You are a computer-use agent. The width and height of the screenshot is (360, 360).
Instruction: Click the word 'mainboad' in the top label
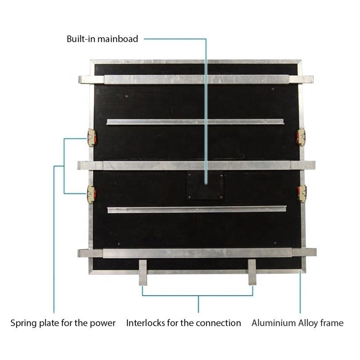(x=118, y=39)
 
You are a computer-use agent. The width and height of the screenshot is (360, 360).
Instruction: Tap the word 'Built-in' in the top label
(x=81, y=39)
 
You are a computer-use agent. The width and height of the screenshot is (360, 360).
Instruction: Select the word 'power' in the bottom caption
(x=102, y=324)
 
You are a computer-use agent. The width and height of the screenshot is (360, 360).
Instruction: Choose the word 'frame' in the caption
(x=332, y=323)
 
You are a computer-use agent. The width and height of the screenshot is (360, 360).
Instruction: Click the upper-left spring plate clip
(x=92, y=138)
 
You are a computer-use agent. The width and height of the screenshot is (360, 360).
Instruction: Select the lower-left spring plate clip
(x=91, y=194)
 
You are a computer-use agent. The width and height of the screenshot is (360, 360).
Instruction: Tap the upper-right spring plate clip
(x=301, y=137)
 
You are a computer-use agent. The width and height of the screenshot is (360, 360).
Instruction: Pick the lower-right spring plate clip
(x=302, y=193)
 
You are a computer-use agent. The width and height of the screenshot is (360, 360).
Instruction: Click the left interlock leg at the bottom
(x=143, y=272)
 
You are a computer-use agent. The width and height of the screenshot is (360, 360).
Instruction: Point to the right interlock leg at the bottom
(x=252, y=272)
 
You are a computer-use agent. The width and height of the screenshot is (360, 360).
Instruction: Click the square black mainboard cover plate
(x=205, y=185)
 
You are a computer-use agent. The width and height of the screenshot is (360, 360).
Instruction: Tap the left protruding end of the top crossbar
(x=91, y=80)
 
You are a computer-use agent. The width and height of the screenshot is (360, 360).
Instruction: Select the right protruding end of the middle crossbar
(x=303, y=165)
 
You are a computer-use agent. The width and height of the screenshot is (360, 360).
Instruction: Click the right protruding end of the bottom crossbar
(x=304, y=252)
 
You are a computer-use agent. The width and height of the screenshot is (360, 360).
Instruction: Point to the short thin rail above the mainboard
(x=195, y=122)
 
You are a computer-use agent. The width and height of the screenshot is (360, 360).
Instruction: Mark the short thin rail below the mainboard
(x=197, y=210)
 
